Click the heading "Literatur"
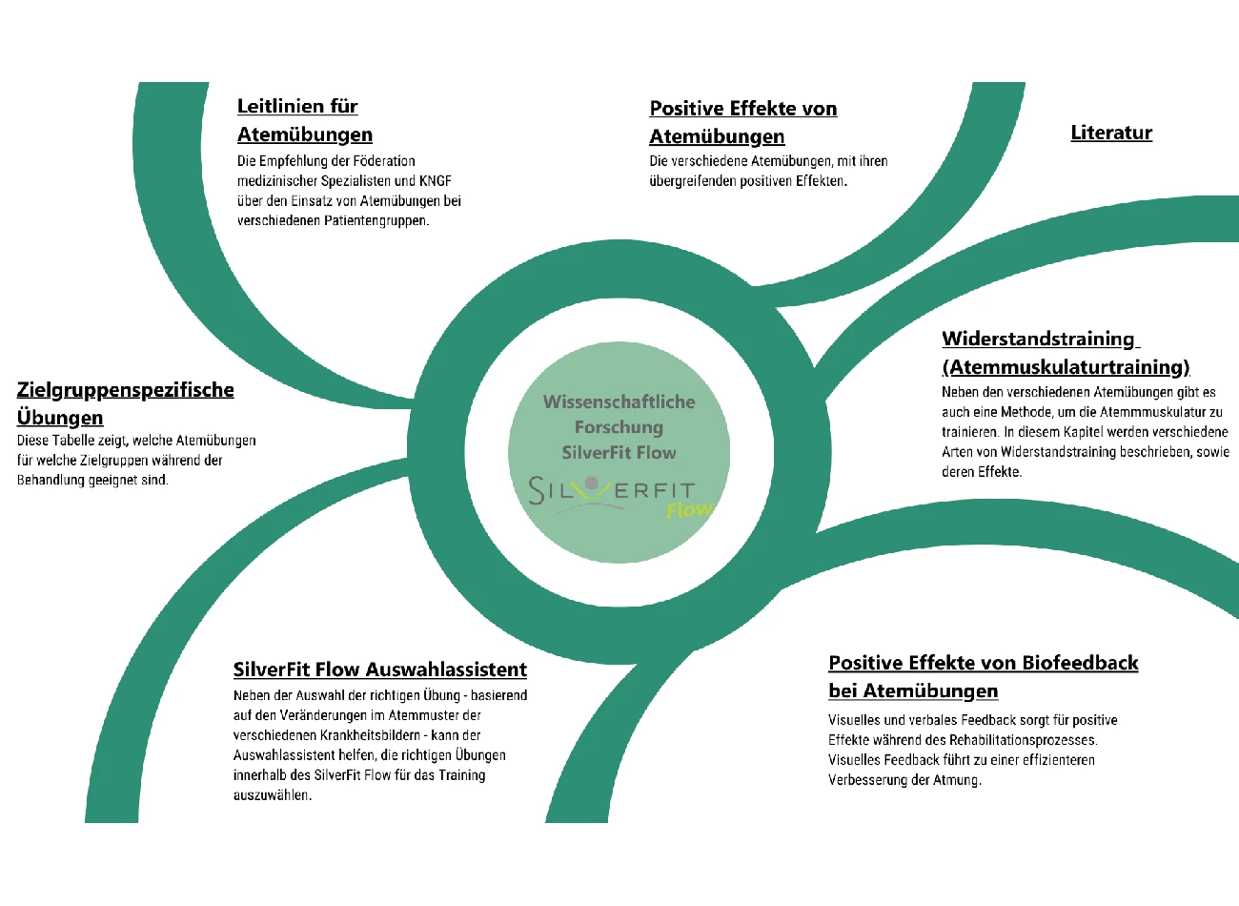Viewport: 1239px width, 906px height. click(1111, 133)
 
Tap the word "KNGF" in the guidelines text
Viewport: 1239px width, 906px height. click(435, 181)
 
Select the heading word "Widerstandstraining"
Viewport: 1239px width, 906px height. click(1038, 339)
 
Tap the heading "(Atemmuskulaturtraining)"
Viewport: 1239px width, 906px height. click(1066, 367)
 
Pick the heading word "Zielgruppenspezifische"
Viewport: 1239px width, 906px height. click(126, 390)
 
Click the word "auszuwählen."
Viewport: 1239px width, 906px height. click(273, 795)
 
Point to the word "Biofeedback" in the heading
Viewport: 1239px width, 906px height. click(1080, 663)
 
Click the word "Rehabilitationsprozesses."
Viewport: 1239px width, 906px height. click(1024, 740)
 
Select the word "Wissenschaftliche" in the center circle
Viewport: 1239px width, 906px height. click(619, 402)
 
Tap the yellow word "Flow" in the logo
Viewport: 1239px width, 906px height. click(689, 509)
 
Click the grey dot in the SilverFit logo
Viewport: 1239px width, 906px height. click(592, 484)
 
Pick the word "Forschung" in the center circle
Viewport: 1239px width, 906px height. click(619, 428)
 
